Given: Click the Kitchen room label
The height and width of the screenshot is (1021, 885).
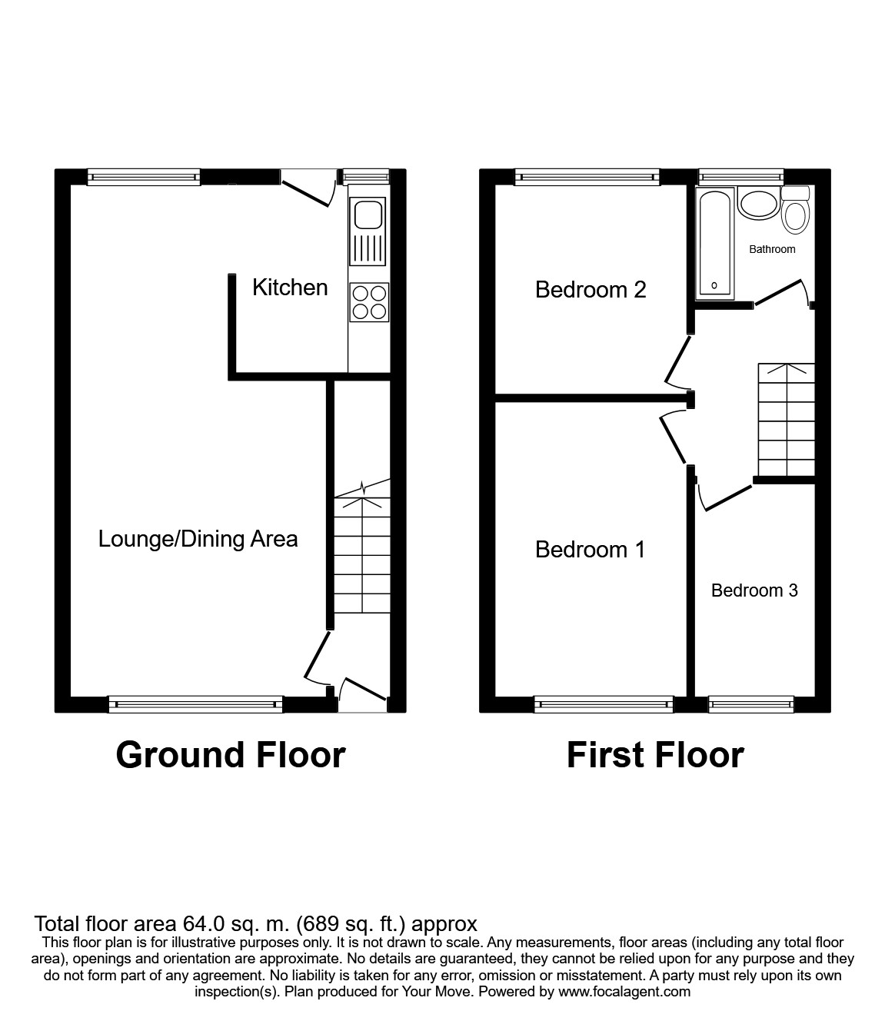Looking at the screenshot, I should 290,288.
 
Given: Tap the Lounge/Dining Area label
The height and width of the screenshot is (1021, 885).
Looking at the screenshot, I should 198,539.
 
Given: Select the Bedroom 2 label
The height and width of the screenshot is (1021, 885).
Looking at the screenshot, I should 591,290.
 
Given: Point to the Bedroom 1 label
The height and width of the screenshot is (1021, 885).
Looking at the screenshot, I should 591,550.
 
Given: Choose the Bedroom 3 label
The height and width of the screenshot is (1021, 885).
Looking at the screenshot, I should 754,590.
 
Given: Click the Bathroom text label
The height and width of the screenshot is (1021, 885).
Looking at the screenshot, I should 772,249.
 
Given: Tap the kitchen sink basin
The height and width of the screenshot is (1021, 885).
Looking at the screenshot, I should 368,215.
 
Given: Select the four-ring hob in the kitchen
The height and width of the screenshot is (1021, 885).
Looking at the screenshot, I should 369,302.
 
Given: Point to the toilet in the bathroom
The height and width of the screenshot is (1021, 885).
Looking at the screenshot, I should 796,211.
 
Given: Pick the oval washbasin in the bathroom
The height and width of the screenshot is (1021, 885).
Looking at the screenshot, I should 758,204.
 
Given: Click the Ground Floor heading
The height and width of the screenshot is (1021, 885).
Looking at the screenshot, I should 231,755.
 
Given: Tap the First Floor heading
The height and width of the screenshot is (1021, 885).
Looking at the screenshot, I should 655,755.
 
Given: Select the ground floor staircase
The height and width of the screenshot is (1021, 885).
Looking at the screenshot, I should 361,554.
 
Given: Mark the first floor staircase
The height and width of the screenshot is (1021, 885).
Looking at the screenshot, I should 786,421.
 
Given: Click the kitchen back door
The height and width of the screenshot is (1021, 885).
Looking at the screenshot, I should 308,187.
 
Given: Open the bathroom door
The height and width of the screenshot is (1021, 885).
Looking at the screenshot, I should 783,292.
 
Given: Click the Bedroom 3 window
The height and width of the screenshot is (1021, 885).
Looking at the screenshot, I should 750,703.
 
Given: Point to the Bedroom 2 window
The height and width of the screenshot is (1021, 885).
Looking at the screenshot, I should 587,177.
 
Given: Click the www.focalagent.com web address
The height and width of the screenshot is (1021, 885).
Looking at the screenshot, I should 624,992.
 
